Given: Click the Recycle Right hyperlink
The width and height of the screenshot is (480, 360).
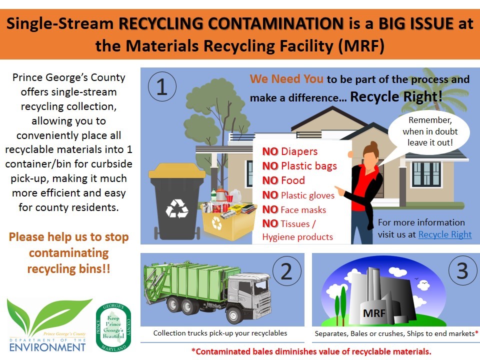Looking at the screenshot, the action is (x=445, y=234).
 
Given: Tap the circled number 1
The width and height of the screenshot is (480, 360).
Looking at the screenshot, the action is (x=162, y=86).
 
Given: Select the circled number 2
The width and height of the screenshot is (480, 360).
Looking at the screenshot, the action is (x=287, y=271).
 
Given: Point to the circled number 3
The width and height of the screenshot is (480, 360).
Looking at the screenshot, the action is (x=462, y=270).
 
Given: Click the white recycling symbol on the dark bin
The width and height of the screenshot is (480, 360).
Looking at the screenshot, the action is (x=177, y=209).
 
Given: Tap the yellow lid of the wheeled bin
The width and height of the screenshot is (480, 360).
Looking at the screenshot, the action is (x=177, y=171).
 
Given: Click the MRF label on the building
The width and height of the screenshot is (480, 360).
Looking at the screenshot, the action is (x=374, y=313).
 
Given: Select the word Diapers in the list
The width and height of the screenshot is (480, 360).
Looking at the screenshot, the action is (x=299, y=151).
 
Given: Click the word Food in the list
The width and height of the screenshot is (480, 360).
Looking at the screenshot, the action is (x=293, y=180).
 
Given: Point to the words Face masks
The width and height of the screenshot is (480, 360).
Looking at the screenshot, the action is (x=303, y=209).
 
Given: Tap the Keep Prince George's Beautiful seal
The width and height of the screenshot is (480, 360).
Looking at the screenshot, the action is (x=113, y=327).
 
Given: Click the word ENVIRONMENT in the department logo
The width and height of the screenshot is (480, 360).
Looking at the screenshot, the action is (x=47, y=347).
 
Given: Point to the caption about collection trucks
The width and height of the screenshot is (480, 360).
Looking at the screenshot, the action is (x=220, y=333).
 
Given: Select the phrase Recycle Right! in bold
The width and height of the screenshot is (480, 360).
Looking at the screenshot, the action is (x=396, y=96).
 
